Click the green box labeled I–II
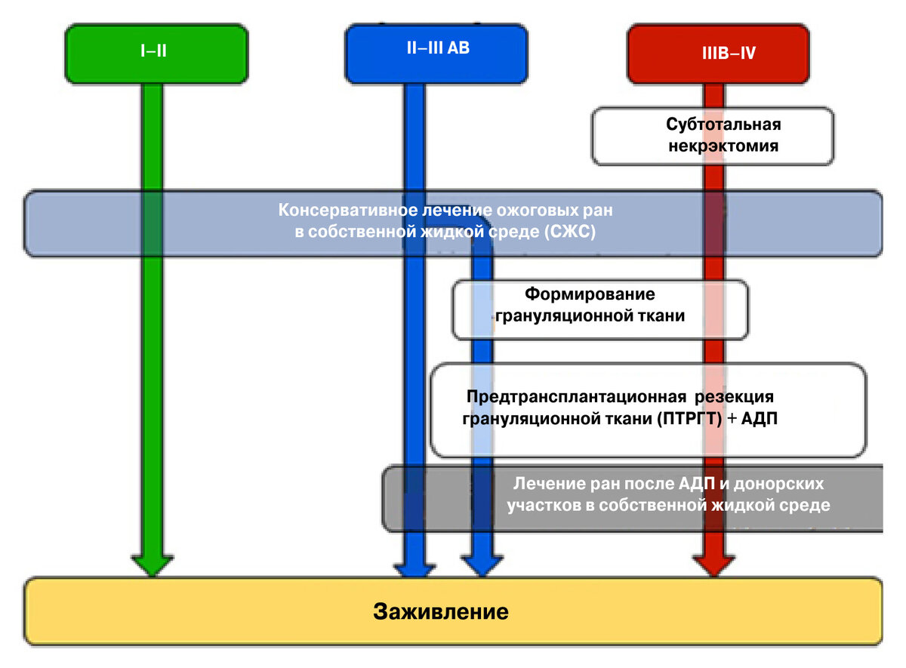tap(156, 54)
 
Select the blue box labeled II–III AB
tap(436, 53)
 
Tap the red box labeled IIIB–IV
tap(718, 54)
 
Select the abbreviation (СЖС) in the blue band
tap(569, 232)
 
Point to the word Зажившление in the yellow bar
tap(441, 611)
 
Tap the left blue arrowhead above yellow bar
tap(414, 566)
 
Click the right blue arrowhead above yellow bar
tap(482, 566)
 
